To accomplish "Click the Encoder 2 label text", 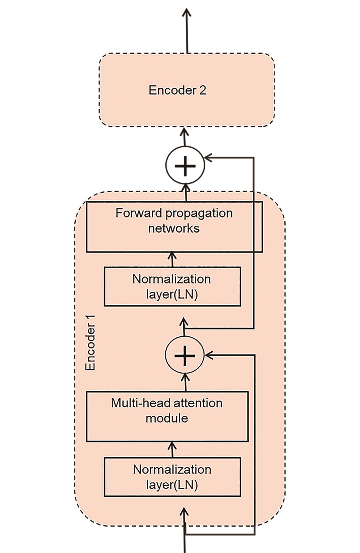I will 177,90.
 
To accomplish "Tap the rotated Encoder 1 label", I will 90,343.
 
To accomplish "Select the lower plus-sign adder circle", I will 185,355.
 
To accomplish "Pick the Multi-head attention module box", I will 167,417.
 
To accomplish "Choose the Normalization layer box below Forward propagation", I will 172,286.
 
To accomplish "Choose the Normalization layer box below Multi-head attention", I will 172,477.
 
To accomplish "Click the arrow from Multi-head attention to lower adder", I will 186,382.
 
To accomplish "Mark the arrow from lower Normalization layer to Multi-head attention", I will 173,450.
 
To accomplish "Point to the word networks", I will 174,229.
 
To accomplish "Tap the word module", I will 167,418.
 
